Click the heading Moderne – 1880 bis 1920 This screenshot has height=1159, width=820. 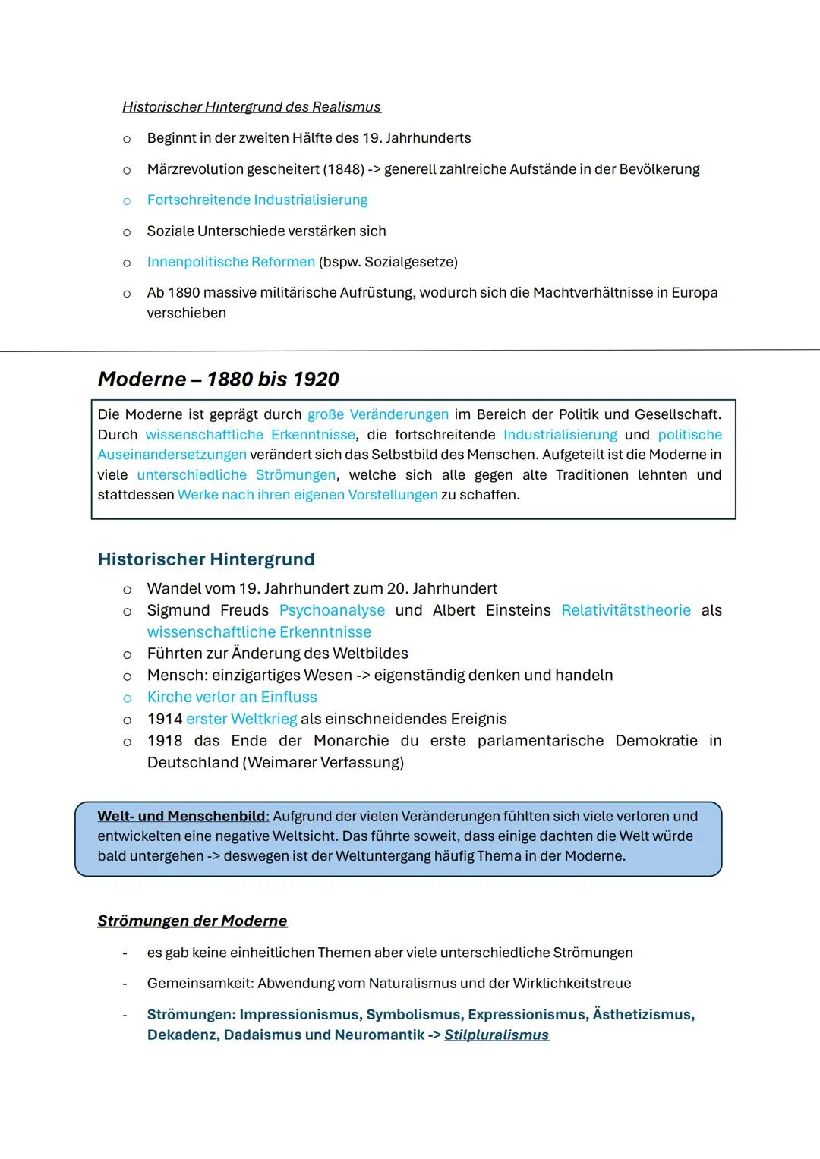point(219,380)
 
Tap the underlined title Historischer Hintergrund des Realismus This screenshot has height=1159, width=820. point(251,107)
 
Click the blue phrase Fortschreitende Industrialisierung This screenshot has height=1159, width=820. point(257,200)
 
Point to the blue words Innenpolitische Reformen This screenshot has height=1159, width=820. point(231,262)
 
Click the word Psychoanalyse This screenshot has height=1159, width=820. point(332,611)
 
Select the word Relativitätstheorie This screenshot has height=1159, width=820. point(626,611)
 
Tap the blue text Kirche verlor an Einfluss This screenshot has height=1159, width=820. point(232,698)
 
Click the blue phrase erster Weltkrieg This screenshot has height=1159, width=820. point(241,719)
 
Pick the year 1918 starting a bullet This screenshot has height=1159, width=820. point(165,741)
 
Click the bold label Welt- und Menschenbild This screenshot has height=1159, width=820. point(182,817)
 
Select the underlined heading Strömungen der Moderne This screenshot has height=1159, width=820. point(192,921)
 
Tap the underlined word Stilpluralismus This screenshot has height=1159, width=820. point(497,1035)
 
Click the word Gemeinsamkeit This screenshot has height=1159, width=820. point(200,984)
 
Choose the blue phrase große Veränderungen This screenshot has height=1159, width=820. point(377,415)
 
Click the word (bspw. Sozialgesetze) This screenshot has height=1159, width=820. point(388,262)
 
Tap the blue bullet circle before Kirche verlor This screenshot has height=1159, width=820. point(127,698)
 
